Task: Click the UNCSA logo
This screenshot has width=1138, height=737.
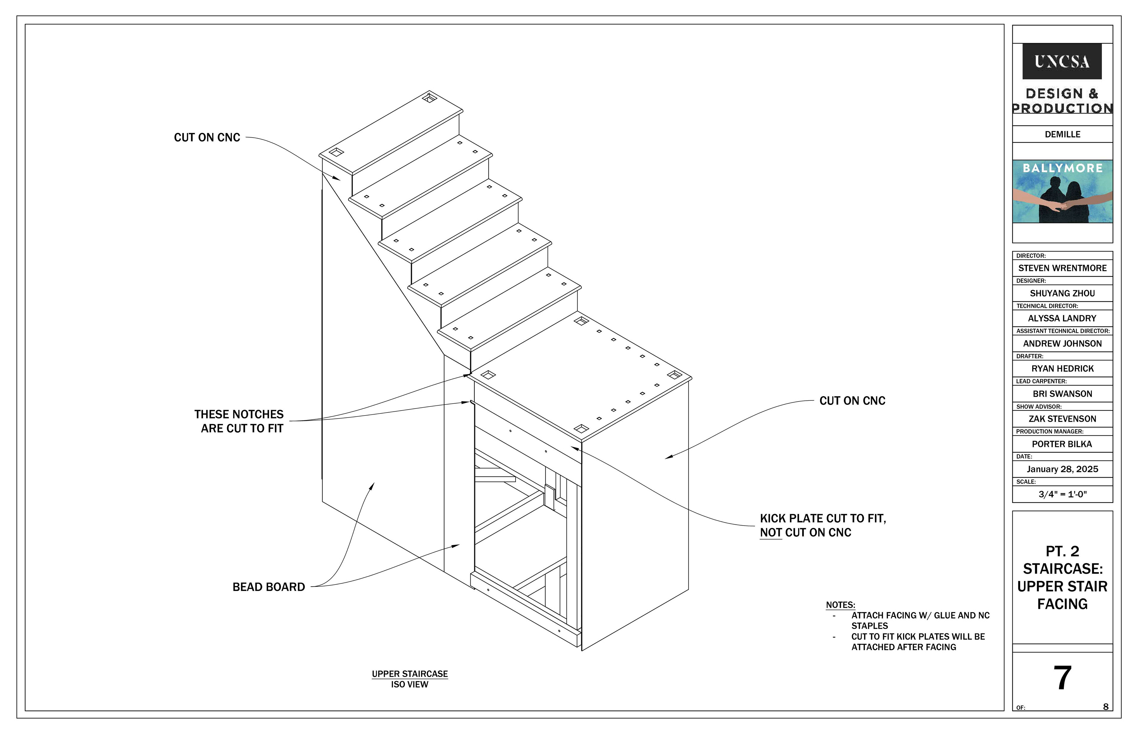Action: pyautogui.click(x=1062, y=62)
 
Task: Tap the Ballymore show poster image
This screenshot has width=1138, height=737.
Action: pyautogui.click(x=1062, y=191)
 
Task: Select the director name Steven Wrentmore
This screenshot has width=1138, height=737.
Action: pyautogui.click(x=1062, y=268)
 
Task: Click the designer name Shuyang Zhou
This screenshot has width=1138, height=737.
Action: pyautogui.click(x=1062, y=293)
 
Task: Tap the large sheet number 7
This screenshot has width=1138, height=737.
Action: pyautogui.click(x=1062, y=678)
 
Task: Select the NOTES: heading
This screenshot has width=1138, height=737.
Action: pyautogui.click(x=840, y=605)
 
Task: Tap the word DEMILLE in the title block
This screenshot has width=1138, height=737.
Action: pyautogui.click(x=1062, y=134)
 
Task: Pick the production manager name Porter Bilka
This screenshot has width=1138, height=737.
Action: pyautogui.click(x=1062, y=444)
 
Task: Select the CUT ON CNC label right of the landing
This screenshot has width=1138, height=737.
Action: pyautogui.click(x=852, y=401)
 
